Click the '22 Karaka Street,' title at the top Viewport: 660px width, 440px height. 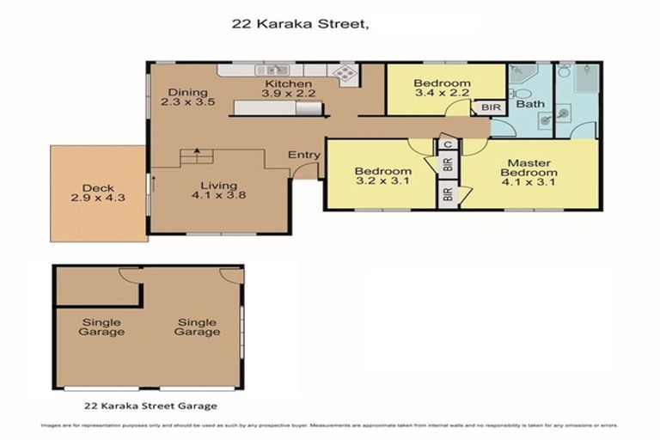click(x=301, y=25)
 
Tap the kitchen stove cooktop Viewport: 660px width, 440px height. click(x=345, y=74)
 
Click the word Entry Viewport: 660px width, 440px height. click(x=304, y=155)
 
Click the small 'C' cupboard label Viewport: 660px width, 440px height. click(x=446, y=144)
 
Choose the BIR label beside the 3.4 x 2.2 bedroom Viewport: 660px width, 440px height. click(x=491, y=108)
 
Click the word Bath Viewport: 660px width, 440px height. click(x=530, y=105)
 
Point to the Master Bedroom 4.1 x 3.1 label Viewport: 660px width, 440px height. click(x=529, y=172)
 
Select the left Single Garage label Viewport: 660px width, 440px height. click(x=102, y=327)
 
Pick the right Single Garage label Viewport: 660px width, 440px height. click(x=198, y=327)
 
